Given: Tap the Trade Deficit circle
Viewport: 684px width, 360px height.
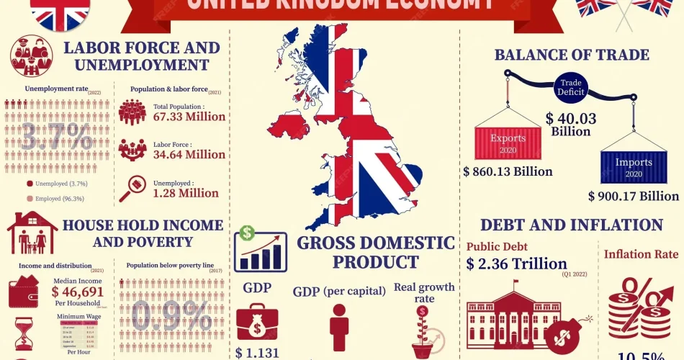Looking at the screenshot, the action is point(570,87).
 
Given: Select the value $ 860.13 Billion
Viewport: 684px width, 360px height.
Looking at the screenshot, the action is point(508,171).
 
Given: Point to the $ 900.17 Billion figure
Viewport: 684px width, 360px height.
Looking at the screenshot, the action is point(634,196).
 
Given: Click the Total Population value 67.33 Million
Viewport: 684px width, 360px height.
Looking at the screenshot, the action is point(189,117).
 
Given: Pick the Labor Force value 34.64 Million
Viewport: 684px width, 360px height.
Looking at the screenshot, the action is point(189,154).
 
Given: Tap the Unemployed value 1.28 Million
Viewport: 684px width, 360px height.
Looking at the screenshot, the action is point(185,193).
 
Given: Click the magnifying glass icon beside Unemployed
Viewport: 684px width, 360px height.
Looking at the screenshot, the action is point(132,188).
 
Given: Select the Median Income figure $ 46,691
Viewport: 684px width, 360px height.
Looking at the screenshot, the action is point(77,292).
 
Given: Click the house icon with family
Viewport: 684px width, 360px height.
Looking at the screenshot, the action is point(32,233).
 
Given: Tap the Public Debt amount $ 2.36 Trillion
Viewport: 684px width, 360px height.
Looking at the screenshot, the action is point(516,264).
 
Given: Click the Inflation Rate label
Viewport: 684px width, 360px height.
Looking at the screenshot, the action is point(641,254).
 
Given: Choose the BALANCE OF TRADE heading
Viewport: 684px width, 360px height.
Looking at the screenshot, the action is point(571,55).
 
